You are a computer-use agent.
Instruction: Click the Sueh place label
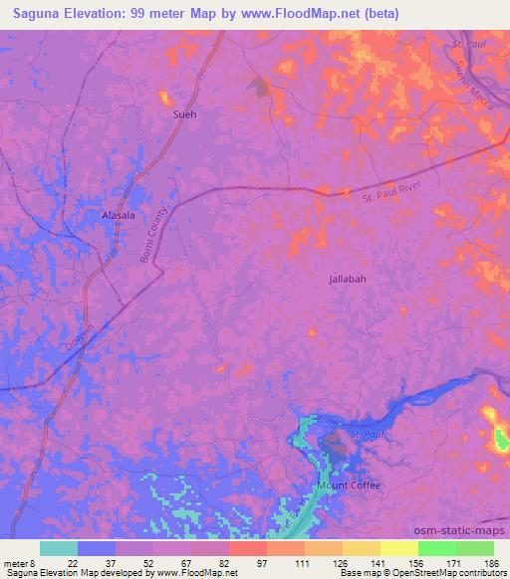pos(185,114)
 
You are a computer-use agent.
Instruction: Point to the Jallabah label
pos(348,280)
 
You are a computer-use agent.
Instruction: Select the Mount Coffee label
pos(350,485)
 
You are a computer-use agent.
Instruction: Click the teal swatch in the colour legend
pos(59,549)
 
